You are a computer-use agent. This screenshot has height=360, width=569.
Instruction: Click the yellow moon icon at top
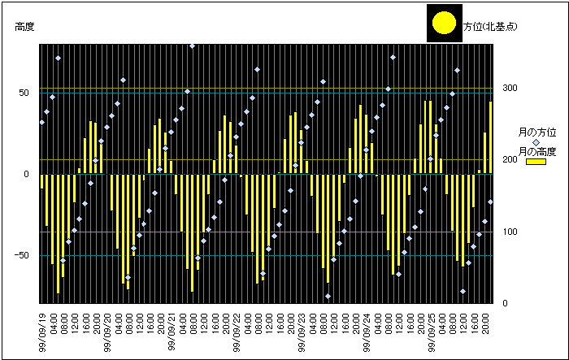(444, 23)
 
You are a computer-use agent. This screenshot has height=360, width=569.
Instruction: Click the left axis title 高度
(24, 27)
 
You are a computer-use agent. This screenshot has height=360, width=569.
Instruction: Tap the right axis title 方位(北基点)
(492, 27)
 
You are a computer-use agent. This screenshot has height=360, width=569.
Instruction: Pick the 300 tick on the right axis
(510, 88)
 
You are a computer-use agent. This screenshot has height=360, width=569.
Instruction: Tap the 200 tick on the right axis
(510, 159)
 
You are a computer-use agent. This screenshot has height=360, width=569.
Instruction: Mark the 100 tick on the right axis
(510, 232)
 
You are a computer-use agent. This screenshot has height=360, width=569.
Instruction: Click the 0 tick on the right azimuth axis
(505, 304)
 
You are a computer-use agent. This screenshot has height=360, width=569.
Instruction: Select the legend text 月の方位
(536, 132)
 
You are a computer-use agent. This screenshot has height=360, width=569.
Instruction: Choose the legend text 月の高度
(536, 152)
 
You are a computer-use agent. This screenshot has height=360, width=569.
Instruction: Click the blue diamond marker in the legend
(536, 141)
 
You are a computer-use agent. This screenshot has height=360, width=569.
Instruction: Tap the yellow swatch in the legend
(536, 162)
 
